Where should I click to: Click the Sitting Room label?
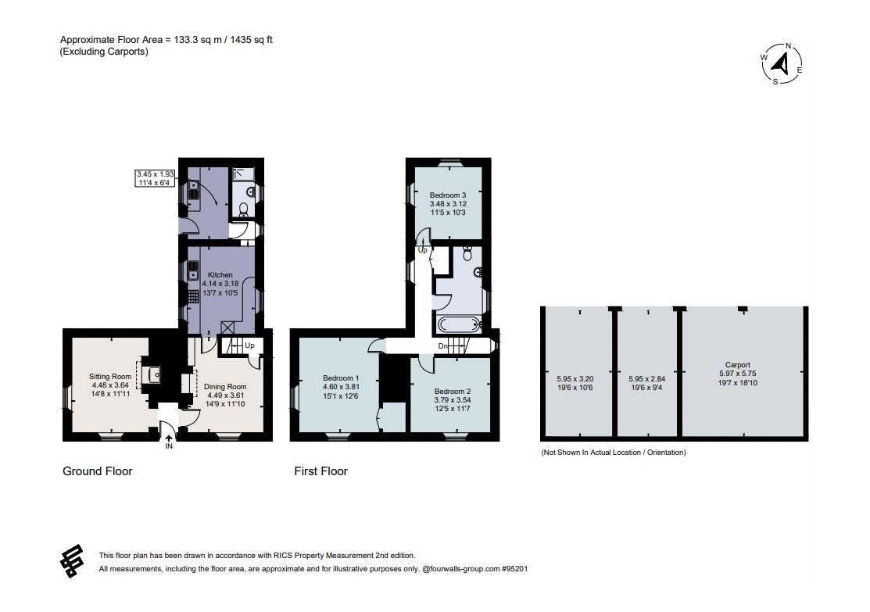[110, 377]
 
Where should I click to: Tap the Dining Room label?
[225, 387]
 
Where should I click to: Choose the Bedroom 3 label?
[448, 195]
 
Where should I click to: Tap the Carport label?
[737, 365]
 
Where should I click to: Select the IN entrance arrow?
[169, 439]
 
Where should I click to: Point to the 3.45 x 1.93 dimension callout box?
[156, 178]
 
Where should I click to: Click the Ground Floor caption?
[97, 471]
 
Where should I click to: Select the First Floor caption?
[320, 471]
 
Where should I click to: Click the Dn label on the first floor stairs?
[442, 345]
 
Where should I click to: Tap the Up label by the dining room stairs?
[250, 345]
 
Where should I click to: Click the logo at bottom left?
[72, 560]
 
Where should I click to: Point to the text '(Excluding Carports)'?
[104, 52]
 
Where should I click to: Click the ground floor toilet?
[243, 208]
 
